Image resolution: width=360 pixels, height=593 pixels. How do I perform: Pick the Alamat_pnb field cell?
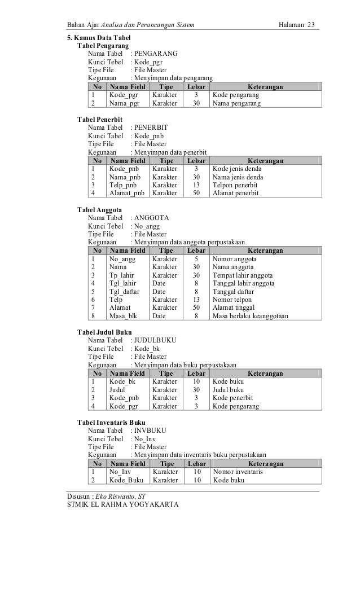(x=126, y=192)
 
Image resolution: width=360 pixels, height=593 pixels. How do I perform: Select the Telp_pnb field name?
(x=123, y=185)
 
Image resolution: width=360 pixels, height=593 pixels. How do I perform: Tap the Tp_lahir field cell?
(x=122, y=275)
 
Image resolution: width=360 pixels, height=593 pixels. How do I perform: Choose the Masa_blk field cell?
(x=123, y=316)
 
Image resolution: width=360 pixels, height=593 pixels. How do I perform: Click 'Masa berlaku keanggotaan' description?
(x=250, y=316)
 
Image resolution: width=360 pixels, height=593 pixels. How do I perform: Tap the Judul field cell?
(x=117, y=389)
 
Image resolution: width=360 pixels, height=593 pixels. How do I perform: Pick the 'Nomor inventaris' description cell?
(x=238, y=472)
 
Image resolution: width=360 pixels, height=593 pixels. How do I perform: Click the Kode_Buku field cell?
(x=126, y=480)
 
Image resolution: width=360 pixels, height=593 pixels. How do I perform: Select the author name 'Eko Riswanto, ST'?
(x=121, y=497)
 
